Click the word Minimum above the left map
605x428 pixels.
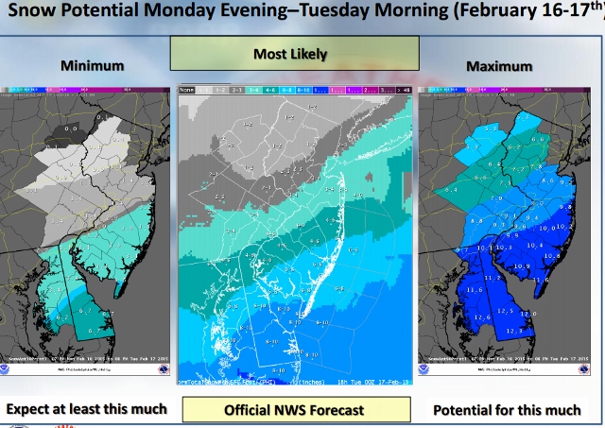click(93, 66)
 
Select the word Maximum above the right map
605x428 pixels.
click(498, 66)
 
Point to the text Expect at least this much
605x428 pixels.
click(86, 409)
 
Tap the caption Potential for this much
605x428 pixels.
click(508, 410)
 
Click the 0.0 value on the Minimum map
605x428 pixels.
click(70, 127)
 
